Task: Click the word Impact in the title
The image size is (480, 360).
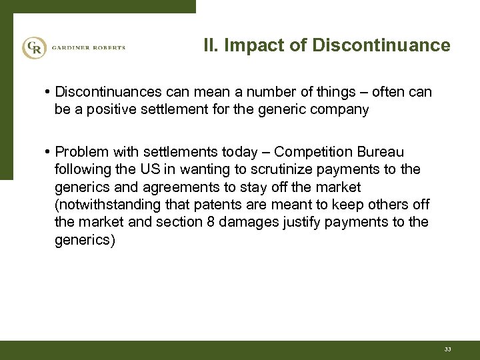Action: (x=247, y=46)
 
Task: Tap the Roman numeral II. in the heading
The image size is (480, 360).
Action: (x=210, y=46)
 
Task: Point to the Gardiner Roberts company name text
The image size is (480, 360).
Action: (x=86, y=47)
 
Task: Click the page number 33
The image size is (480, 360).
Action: (x=446, y=349)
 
